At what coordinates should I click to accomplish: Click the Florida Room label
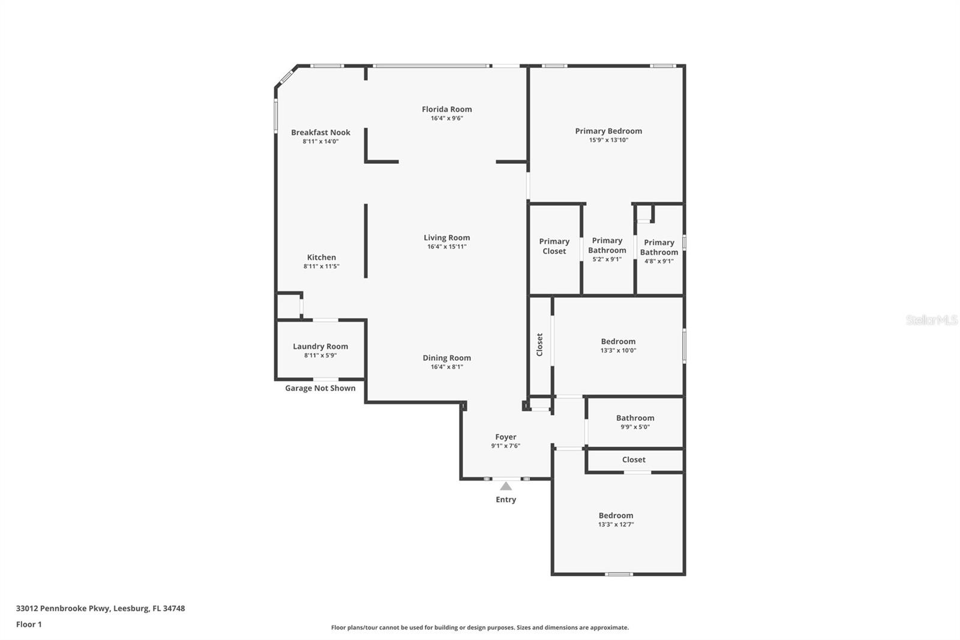coord(446,109)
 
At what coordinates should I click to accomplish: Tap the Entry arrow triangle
coord(506,486)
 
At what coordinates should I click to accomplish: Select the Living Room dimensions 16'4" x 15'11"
coord(446,247)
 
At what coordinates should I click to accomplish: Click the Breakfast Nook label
coord(320,133)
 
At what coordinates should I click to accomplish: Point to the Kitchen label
coord(321,258)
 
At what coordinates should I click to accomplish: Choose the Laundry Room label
coord(320,346)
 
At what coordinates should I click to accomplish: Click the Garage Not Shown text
coord(320,388)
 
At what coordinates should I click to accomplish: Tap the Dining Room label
coord(446,358)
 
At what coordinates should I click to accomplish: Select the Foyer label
coord(505,437)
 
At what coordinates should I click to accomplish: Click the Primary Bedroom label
coord(608,131)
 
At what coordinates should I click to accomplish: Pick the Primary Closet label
coord(554,246)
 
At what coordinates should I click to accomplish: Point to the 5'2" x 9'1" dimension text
coord(607,259)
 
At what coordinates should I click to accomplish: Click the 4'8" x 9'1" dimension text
coord(659,261)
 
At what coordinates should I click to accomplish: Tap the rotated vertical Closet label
coord(539,345)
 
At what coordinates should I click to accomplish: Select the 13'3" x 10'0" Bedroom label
coord(618,342)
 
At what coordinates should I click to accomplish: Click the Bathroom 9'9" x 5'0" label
coord(635,418)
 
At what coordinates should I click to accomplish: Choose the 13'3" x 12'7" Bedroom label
coord(616,516)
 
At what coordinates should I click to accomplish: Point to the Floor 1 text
coord(29,624)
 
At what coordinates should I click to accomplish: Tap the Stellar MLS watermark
coord(931,320)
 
